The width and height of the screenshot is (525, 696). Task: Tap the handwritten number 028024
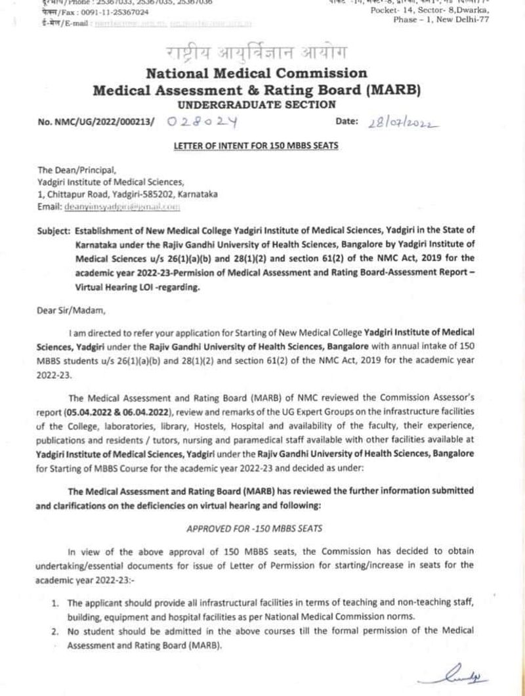click(x=202, y=122)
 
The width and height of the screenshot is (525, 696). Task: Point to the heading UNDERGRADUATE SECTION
click(x=256, y=104)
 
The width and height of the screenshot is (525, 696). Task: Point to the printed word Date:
click(x=346, y=121)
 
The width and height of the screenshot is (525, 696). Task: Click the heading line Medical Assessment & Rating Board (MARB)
click(x=256, y=89)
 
